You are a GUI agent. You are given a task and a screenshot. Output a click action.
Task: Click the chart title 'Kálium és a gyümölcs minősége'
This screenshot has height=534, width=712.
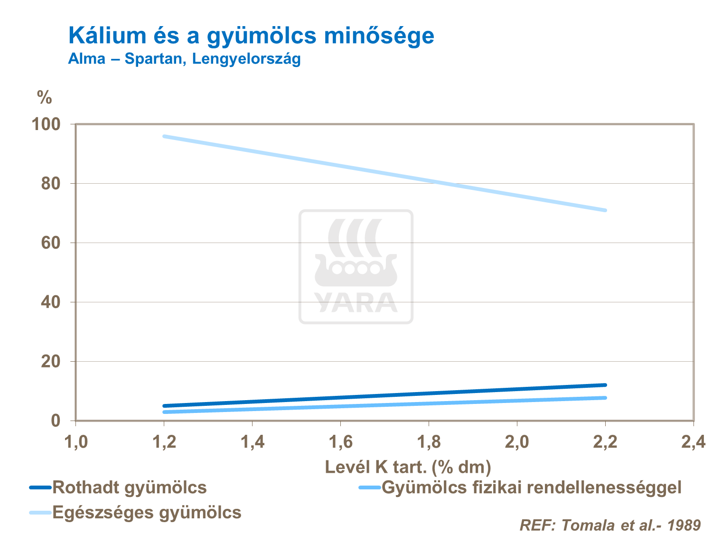click(x=251, y=36)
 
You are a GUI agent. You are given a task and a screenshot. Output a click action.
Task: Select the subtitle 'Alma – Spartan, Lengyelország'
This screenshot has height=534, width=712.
click(x=184, y=59)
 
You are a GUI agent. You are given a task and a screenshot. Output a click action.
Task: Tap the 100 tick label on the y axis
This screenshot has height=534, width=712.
click(x=46, y=124)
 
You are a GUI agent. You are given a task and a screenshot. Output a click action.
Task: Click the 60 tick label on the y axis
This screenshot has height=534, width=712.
click(x=51, y=243)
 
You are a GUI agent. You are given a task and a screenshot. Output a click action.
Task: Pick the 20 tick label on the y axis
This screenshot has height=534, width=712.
click(x=51, y=362)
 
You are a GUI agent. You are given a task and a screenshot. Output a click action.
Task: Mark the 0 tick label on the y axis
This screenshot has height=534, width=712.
click(x=56, y=421)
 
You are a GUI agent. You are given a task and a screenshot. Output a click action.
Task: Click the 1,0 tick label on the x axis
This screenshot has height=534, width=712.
click(x=76, y=442)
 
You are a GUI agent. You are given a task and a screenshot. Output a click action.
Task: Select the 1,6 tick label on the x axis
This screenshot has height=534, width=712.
click(x=341, y=442)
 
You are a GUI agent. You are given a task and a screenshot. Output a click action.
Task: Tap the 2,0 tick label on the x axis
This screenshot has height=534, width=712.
click(x=517, y=442)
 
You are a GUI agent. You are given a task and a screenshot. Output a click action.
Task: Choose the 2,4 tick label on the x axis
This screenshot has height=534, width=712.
click(x=693, y=442)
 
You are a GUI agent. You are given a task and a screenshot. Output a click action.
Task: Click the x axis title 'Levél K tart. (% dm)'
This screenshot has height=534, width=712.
click(x=408, y=467)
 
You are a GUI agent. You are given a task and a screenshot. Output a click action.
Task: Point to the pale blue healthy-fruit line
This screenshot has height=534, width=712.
click(x=384, y=173)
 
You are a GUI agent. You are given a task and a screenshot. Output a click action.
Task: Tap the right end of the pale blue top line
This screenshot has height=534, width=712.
click(x=605, y=210)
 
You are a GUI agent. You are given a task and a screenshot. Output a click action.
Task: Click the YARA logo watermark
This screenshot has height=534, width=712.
click(x=356, y=267)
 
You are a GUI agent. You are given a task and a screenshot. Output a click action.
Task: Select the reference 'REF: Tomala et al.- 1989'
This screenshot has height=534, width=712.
click(x=610, y=525)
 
